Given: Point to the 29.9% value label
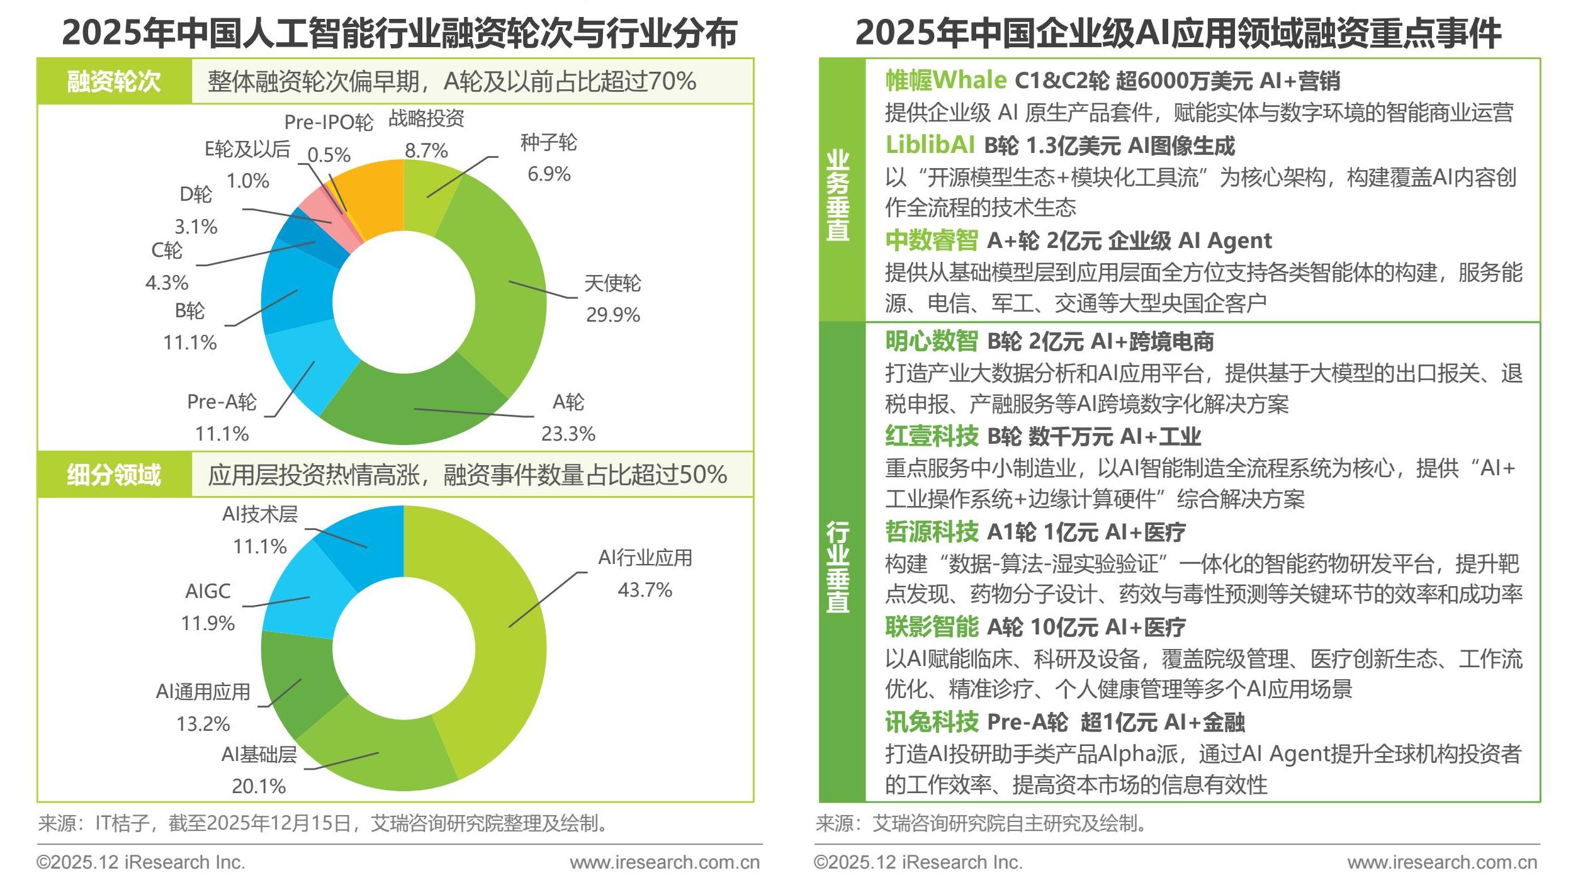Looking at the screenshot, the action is (x=612, y=315).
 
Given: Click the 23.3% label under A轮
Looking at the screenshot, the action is (x=568, y=434).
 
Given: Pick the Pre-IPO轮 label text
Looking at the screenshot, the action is (x=329, y=122).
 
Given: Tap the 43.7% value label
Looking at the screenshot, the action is (x=645, y=590).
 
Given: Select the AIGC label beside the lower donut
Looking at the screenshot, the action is (x=208, y=591).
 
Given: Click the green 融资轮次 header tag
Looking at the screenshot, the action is (x=114, y=81).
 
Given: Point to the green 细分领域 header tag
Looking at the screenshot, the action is (x=114, y=475).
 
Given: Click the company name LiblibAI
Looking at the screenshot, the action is (x=930, y=145).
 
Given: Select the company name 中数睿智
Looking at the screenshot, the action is (x=932, y=240).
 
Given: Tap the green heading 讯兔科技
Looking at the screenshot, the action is (x=932, y=722).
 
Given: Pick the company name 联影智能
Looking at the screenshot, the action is (x=932, y=627).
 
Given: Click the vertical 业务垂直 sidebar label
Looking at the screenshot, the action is (x=838, y=195).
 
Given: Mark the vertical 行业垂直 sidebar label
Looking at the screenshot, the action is (x=838, y=567).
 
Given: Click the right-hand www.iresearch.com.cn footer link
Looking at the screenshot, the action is (x=1442, y=862).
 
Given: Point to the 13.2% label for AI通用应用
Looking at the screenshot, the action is (x=203, y=724).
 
